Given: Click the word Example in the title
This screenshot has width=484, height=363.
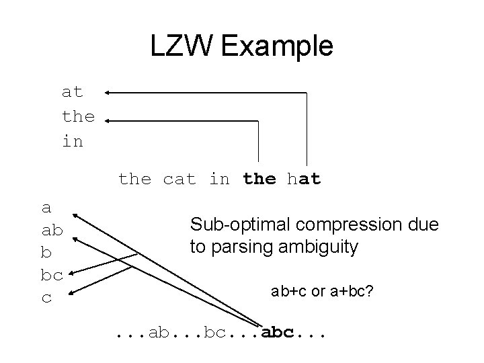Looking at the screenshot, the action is coord(278,46).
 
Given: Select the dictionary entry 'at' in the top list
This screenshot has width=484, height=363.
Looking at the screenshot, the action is coord(72,92).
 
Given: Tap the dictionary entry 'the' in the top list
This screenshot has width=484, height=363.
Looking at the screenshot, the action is coord(78,117).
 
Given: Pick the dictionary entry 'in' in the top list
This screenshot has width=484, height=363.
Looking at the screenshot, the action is coord(72,142).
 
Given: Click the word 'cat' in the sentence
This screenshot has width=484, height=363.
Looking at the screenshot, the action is coord(179,179).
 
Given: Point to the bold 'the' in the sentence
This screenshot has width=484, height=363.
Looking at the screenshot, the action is coord(259,179).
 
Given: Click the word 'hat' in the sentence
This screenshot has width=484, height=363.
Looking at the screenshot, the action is coord(305,179).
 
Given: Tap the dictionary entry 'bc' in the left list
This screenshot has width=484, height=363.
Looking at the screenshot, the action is coord(52,275).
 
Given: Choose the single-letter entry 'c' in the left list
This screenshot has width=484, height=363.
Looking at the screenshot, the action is coord(46,298).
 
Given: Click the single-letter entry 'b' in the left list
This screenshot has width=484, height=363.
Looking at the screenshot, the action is coord(46,253).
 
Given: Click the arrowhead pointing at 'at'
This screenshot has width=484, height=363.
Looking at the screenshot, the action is coord(108,93).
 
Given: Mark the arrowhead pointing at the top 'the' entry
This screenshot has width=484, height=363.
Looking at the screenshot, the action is coord(108,121).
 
